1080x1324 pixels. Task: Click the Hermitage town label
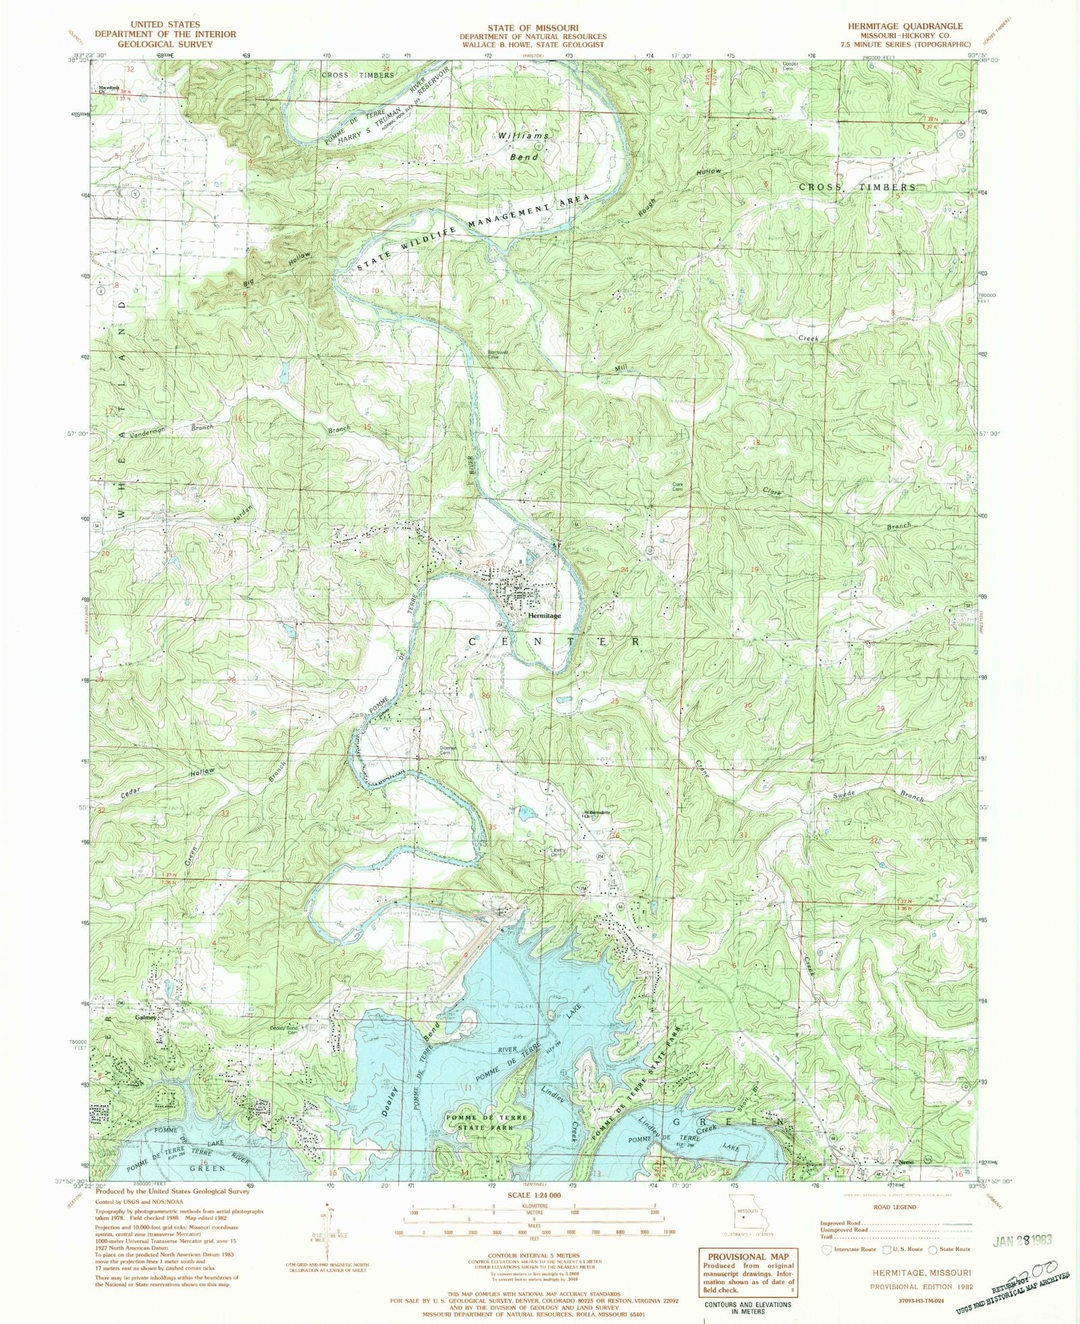tap(544, 616)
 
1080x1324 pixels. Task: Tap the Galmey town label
tap(146, 1017)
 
